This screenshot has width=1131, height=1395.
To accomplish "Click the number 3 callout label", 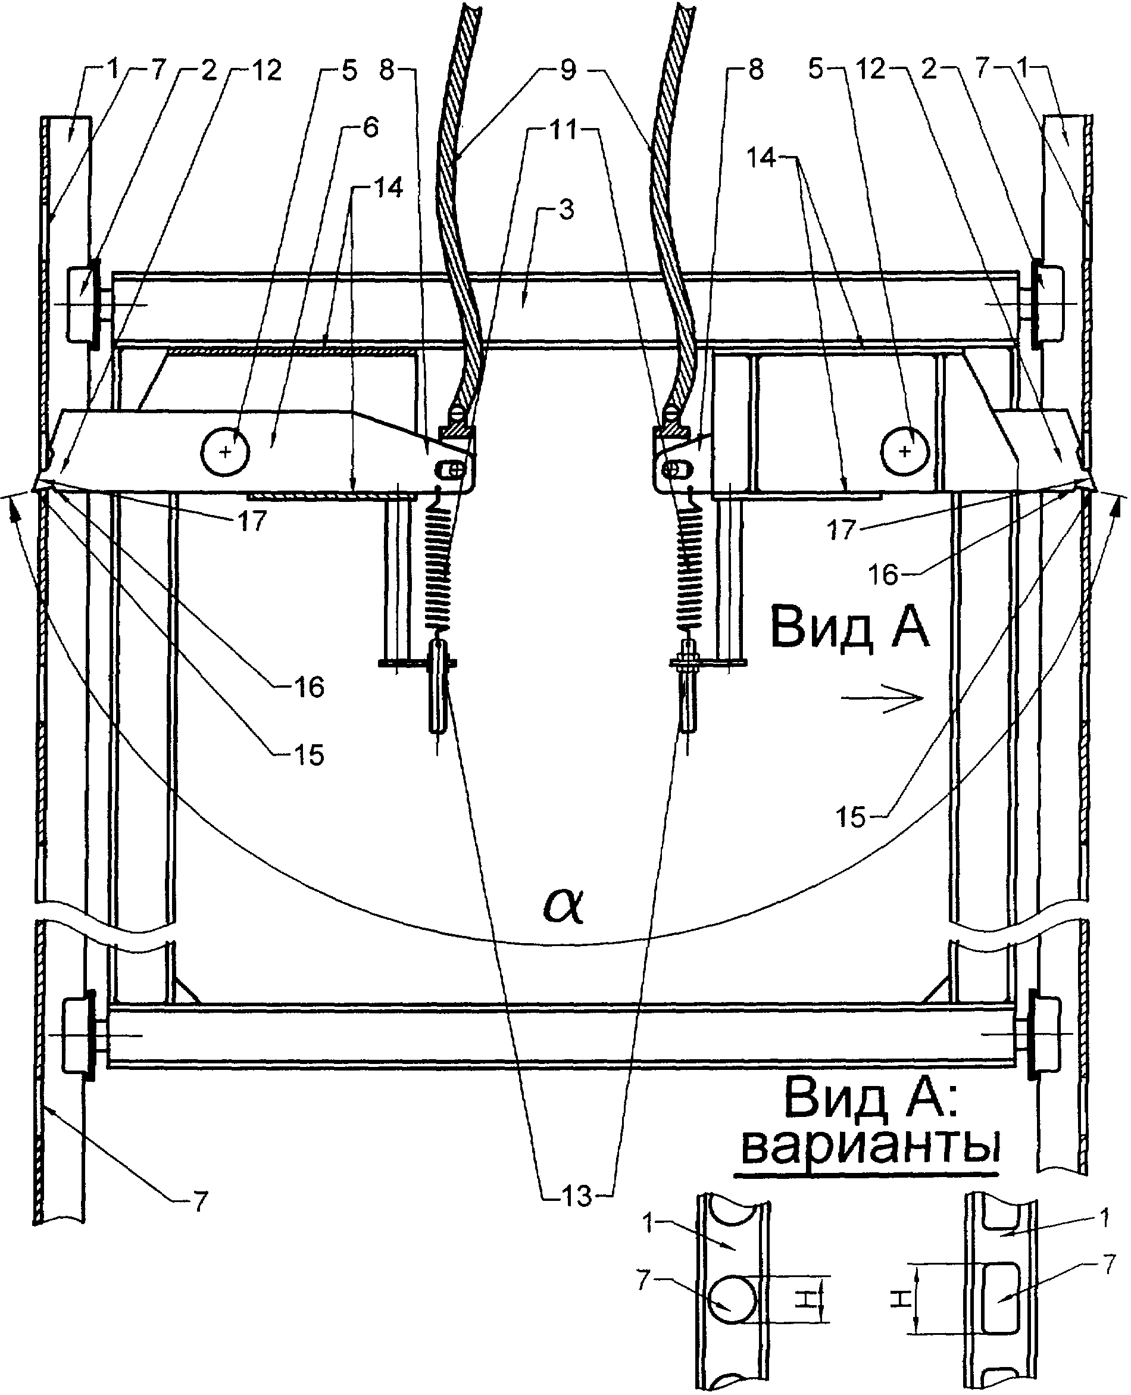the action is (x=566, y=210).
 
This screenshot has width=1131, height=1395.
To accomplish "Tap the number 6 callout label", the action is (x=370, y=127).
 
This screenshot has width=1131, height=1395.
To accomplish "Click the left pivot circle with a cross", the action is (x=226, y=451).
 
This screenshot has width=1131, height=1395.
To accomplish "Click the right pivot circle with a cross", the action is (x=904, y=451).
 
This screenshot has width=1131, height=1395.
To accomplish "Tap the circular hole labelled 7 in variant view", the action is (x=732, y=1299).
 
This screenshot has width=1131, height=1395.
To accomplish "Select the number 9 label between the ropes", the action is (x=568, y=70).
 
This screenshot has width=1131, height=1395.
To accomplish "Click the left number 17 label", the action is (x=252, y=520).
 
